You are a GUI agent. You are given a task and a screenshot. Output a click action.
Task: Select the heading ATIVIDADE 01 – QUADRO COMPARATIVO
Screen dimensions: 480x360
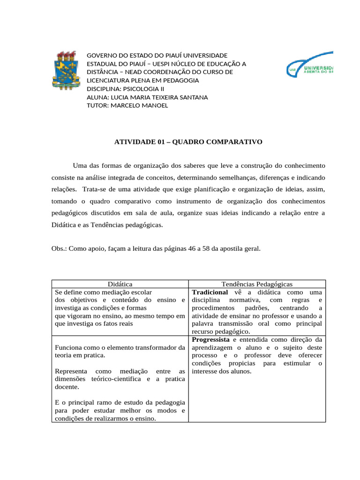point(188,141)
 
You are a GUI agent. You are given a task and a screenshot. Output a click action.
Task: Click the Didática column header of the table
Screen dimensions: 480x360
point(120,284)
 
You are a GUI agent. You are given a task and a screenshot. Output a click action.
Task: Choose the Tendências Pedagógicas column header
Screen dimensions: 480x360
point(256,284)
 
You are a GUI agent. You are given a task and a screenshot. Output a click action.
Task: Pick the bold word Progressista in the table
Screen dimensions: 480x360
point(210,339)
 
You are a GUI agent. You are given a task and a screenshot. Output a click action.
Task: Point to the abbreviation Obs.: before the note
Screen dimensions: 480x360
point(59,249)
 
